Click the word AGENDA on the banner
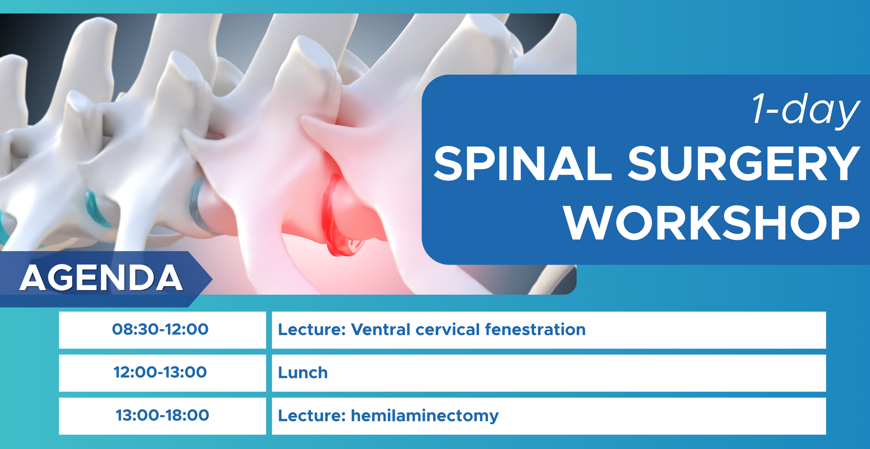[101, 277]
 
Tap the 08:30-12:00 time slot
[160, 329]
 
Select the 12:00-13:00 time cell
[160, 372]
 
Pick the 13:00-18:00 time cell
[162, 415]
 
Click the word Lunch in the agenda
[303, 373]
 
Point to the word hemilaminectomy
[425, 416]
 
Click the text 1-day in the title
[806, 110]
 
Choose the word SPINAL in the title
[523, 163]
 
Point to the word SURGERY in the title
[744, 163]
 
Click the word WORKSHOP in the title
[712, 223]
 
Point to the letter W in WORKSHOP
[589, 223]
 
